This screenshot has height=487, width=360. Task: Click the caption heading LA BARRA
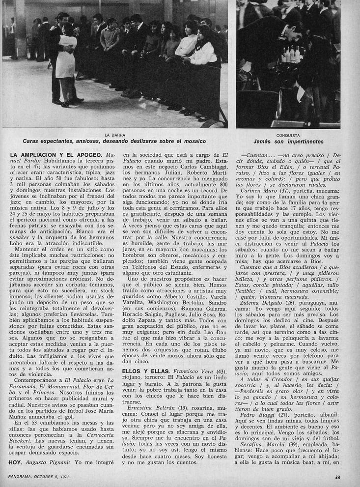[114, 134]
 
